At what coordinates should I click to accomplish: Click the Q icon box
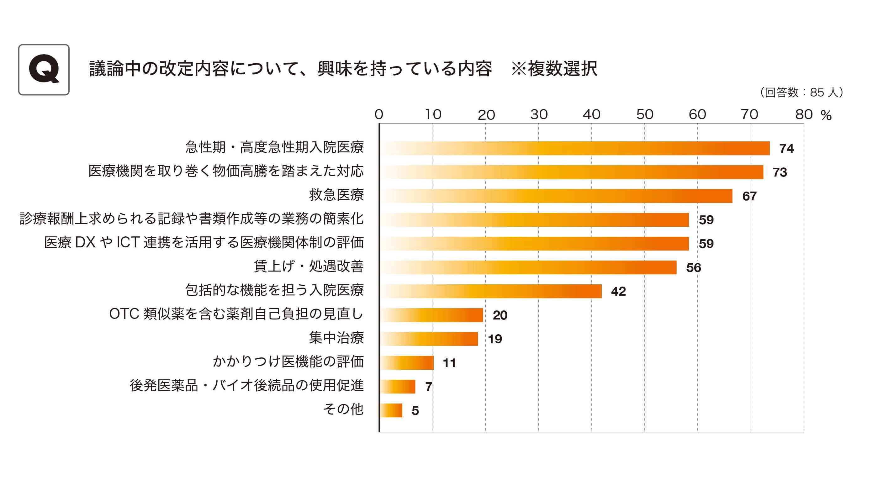44,70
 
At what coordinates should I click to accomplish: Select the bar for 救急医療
556,196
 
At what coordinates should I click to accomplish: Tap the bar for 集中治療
429,339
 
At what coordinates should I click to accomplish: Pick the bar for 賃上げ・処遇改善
528,267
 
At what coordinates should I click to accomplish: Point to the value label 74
786,149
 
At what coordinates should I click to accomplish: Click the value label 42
618,292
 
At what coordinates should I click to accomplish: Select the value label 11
449,363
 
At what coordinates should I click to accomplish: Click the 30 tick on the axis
538,114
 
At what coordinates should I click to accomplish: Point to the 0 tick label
379,114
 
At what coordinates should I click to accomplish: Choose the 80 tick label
804,114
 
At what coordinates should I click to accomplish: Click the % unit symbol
826,115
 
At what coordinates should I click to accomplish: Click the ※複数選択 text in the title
554,69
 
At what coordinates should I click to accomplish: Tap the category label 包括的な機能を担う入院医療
274,290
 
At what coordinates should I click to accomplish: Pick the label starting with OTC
236,314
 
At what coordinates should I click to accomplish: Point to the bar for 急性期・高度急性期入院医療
575,148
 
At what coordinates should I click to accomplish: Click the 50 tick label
644,114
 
